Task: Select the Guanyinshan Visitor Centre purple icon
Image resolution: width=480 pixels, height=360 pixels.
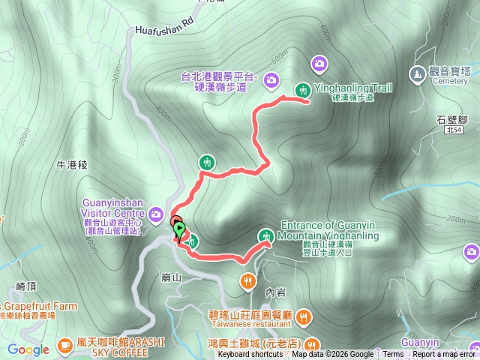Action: click(156, 213)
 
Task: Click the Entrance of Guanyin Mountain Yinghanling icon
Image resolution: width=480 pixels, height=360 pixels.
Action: click(267, 235)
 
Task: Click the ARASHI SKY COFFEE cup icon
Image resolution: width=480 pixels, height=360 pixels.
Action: click(65, 345)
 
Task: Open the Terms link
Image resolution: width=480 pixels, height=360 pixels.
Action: click(393, 355)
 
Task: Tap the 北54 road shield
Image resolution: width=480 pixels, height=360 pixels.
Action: click(451, 130)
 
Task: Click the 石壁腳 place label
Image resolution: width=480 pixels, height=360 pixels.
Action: click(452, 118)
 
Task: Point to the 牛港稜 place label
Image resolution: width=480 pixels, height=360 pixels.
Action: click(73, 163)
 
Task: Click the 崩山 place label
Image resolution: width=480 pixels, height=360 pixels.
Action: click(172, 277)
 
